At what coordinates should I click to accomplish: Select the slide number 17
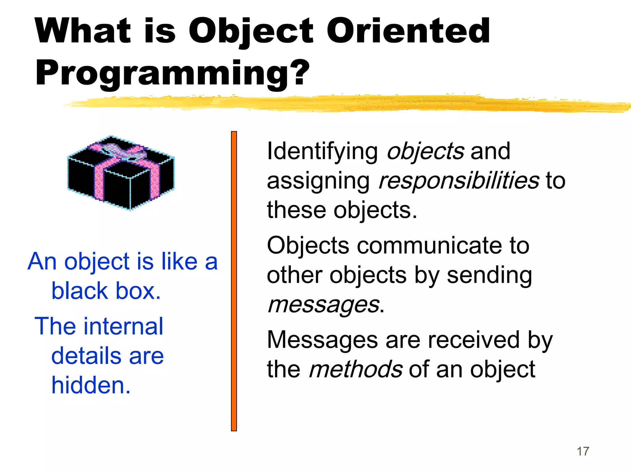[583, 451]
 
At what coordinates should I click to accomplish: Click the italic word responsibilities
[459, 181]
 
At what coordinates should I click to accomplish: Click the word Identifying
[322, 152]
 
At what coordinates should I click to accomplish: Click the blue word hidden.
[91, 385]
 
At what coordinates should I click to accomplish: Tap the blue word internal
[125, 326]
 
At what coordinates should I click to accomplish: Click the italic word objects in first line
[425, 152]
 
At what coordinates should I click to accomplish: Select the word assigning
[318, 181]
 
